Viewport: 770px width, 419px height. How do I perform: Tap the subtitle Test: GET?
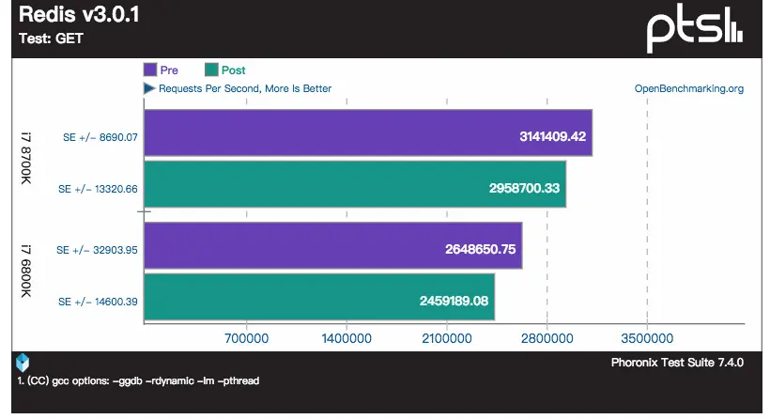click(50, 39)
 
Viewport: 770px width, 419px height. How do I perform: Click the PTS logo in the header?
click(696, 28)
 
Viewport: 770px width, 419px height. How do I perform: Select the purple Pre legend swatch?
click(150, 70)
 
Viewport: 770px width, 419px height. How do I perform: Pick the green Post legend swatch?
click(211, 70)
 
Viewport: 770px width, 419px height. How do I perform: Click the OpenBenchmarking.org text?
click(689, 89)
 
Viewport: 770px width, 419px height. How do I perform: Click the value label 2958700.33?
click(526, 188)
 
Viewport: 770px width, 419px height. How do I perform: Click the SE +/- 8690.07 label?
click(98, 137)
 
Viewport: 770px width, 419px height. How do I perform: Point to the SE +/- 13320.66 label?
click(98, 189)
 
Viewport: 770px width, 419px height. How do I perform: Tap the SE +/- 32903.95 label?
click(98, 250)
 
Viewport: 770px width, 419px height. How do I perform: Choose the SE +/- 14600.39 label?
click(98, 302)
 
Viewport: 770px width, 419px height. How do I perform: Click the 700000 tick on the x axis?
click(245, 337)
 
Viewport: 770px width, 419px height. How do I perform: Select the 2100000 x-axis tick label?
click(446, 337)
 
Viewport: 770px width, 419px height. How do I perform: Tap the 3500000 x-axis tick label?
click(647, 337)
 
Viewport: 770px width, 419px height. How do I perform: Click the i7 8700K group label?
click(26, 158)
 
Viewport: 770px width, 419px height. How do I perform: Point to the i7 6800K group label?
click(26, 272)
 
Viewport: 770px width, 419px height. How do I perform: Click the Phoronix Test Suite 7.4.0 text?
click(677, 363)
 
